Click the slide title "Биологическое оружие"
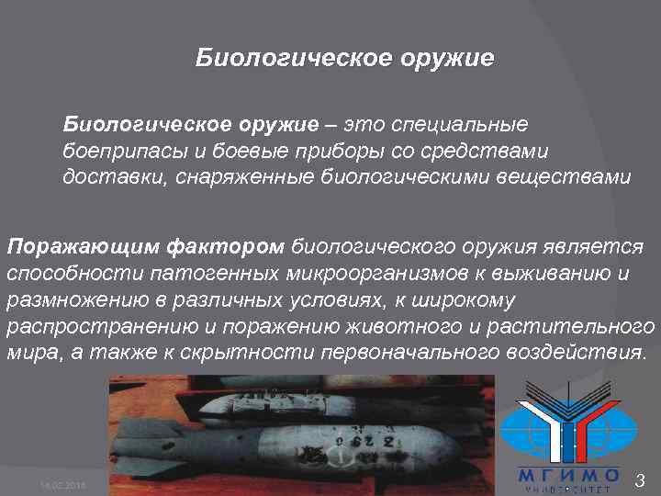click(x=344, y=60)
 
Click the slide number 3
click(x=640, y=479)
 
